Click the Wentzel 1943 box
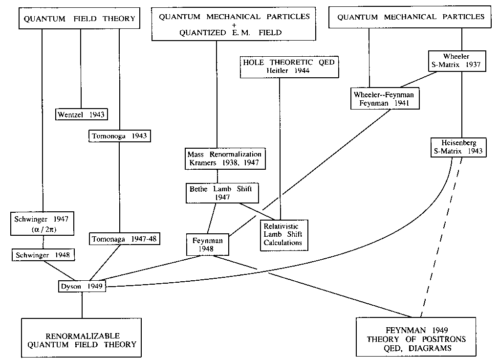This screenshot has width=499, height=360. [x=81, y=114]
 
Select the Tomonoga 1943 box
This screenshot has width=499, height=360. [x=119, y=136]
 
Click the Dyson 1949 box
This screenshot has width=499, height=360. [x=81, y=286]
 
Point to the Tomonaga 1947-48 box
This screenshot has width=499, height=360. [x=125, y=239]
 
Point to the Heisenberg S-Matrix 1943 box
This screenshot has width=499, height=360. [x=457, y=147]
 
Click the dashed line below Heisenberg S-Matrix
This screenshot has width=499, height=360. [x=440, y=235]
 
